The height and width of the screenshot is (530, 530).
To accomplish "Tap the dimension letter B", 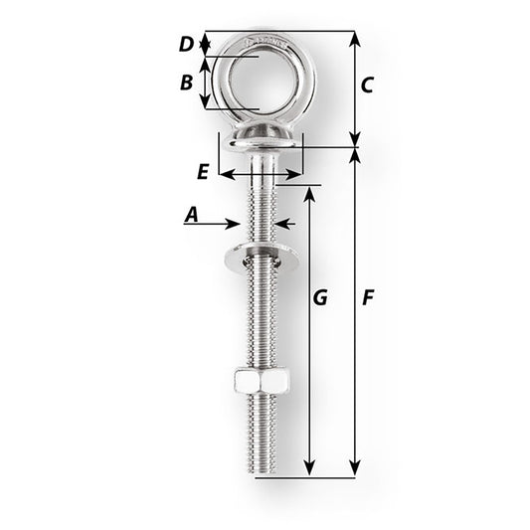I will click(186, 83).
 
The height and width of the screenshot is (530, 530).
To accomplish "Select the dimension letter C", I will click(366, 86).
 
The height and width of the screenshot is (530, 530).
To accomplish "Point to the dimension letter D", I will click(186, 44).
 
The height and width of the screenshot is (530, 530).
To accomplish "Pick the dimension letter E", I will click(203, 171).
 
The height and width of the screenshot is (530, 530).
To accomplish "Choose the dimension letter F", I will click(368, 297).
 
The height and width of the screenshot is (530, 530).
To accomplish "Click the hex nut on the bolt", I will click(259, 381).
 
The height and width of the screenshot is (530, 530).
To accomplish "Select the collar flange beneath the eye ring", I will click(260, 141).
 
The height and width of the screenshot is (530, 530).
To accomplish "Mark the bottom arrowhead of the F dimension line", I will click(355, 470).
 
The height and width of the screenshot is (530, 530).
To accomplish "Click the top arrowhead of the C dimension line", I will click(355, 38).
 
